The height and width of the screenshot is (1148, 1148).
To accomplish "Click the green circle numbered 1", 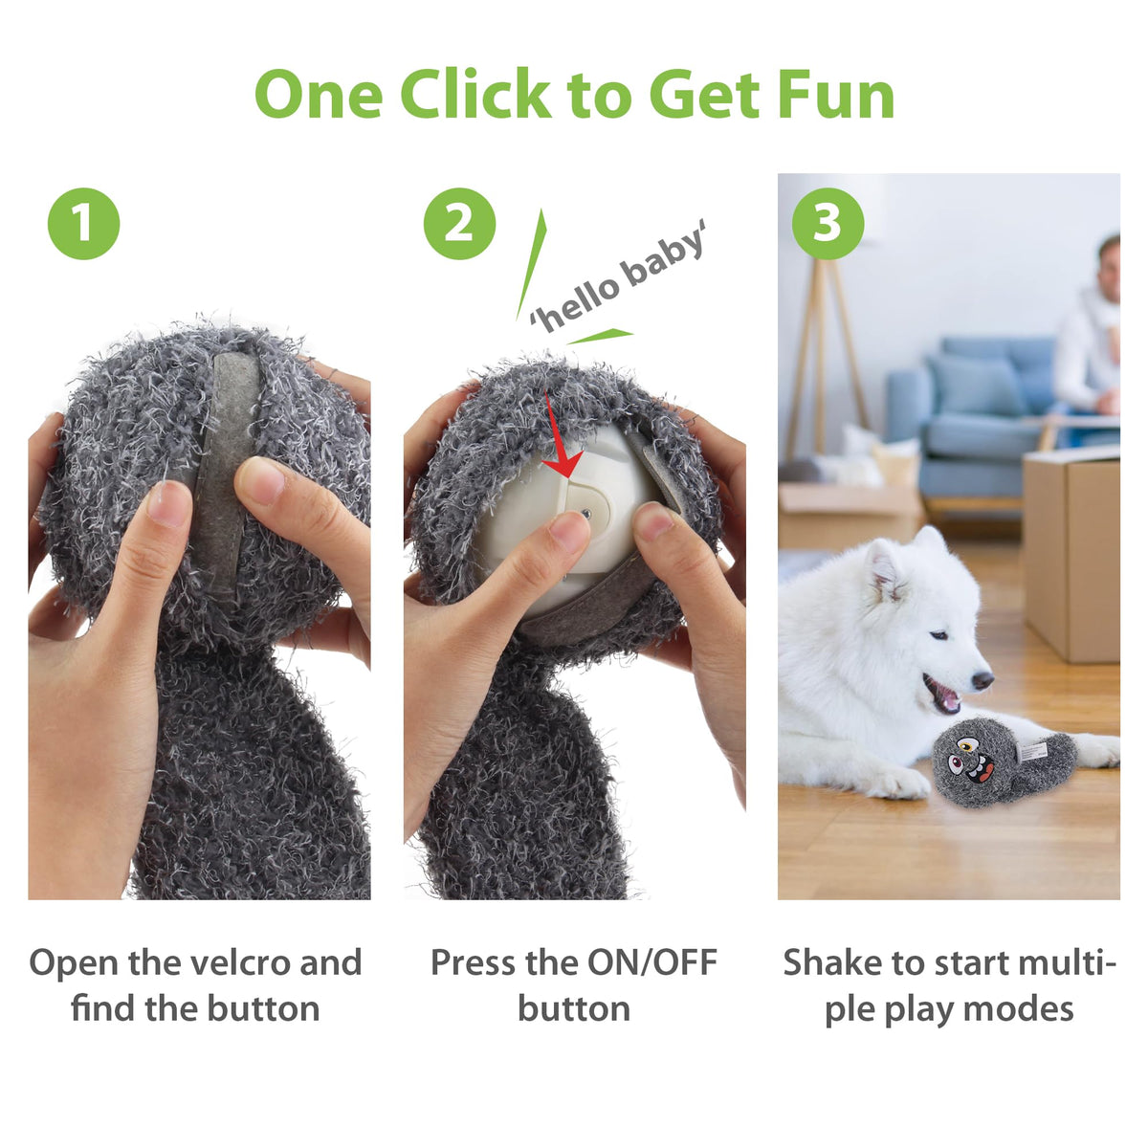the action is coord(83,224).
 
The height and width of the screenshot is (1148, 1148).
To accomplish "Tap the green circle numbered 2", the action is coord(459,224).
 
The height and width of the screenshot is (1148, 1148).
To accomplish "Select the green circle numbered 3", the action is coord(828,224).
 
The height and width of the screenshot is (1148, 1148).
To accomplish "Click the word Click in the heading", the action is coord(475,94).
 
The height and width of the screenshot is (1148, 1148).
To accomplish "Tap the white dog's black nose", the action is coord(982,680).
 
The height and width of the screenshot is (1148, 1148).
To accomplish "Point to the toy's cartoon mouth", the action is coord(981,771).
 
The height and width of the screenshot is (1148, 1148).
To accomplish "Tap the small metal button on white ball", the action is coord(586,513).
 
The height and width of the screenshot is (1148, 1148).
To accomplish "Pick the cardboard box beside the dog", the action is coord(1071,554).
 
